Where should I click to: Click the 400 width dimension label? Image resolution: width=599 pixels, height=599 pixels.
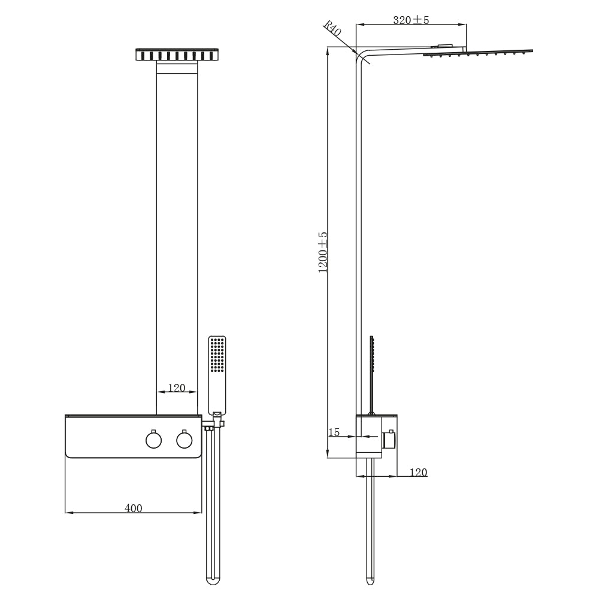point(134,508)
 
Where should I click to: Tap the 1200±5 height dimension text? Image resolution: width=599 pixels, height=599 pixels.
point(323,252)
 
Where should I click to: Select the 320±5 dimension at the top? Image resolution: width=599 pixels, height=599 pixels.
point(411,20)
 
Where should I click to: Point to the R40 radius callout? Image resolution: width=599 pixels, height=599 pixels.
point(332,28)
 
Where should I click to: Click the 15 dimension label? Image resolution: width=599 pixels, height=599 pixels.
point(334,432)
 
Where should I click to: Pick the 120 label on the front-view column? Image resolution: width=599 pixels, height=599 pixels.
point(177,388)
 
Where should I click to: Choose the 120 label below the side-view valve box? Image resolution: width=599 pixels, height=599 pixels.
point(418,472)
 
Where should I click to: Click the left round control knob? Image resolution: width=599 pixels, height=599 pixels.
point(153,440)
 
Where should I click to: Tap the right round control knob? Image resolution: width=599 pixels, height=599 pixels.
point(184,440)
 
